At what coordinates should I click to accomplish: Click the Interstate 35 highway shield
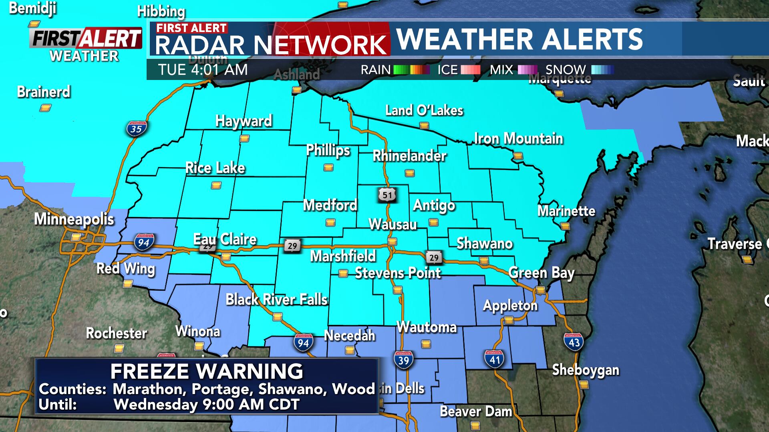pyautogui.click(x=136, y=129)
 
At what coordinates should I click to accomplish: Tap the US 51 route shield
pyautogui.click(x=387, y=195)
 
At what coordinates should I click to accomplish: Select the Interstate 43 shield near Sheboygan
pyautogui.click(x=574, y=342)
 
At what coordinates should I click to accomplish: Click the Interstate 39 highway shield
pyautogui.click(x=403, y=360)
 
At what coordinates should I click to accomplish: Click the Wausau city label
pyautogui.click(x=393, y=224)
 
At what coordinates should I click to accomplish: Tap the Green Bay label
pyautogui.click(x=541, y=273)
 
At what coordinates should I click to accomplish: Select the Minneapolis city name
pyautogui.click(x=74, y=219)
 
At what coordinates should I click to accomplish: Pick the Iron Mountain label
pyautogui.click(x=518, y=139)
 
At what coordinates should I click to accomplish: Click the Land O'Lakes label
pyautogui.click(x=424, y=110)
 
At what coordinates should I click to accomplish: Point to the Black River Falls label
pyautogui.click(x=276, y=300)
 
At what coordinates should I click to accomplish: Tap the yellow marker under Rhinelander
pyautogui.click(x=409, y=173)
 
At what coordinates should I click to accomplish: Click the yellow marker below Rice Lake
pyautogui.click(x=216, y=186)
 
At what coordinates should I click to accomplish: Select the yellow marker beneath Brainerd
pyautogui.click(x=45, y=108)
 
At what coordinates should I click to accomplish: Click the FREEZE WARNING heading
pyautogui.click(x=207, y=371)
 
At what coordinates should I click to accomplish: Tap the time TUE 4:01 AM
pyautogui.click(x=203, y=70)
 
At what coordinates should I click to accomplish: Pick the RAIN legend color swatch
pyautogui.click(x=411, y=70)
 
